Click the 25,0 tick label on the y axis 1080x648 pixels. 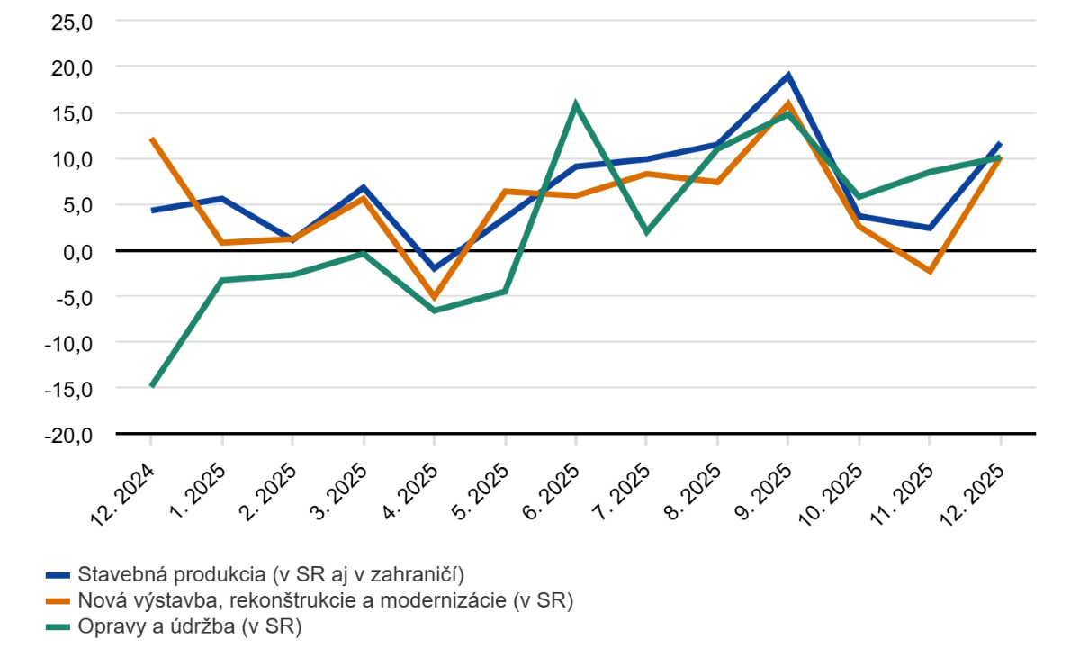point(72,22)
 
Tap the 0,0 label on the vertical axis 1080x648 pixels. point(76,251)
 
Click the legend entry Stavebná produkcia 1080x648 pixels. point(270,574)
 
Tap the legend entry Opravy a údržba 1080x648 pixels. point(189,625)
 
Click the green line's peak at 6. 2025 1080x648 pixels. point(575,104)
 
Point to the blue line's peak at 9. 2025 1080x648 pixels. point(787,76)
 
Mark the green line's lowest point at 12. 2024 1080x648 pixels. point(151,386)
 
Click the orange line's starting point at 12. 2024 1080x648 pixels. point(151,139)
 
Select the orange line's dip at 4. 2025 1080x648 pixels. point(434,297)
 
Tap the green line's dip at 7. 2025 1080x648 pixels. point(646,232)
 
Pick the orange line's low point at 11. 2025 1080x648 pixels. point(929,271)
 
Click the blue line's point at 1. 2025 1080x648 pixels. point(221,199)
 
